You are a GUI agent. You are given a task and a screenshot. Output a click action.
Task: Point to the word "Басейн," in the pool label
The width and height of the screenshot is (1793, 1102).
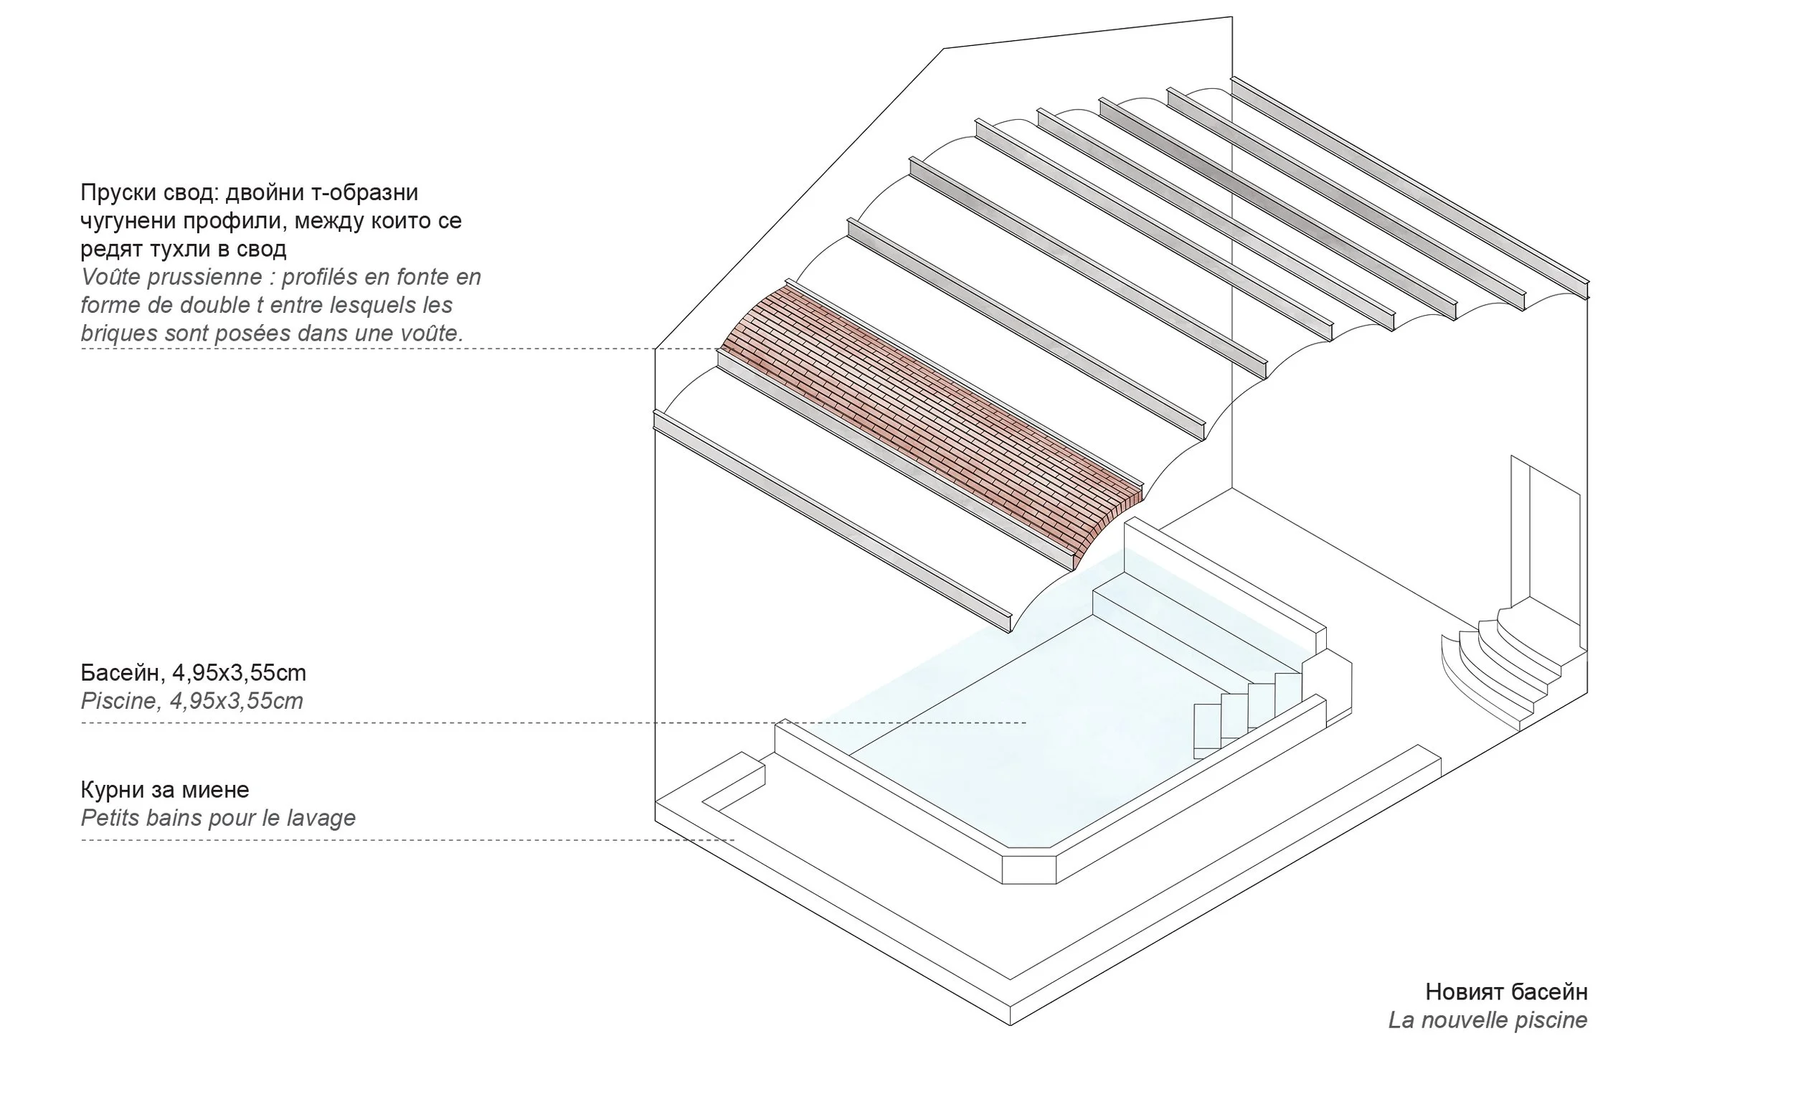[120, 673]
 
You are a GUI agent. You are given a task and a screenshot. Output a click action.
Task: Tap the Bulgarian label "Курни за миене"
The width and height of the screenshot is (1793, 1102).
[165, 790]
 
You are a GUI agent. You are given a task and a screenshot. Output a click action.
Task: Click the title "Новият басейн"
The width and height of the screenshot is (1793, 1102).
[1506, 992]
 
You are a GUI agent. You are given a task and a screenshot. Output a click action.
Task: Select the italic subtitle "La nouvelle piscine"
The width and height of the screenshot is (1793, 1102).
[1487, 1020]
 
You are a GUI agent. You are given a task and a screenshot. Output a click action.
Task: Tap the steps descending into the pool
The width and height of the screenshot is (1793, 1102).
[1239, 715]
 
